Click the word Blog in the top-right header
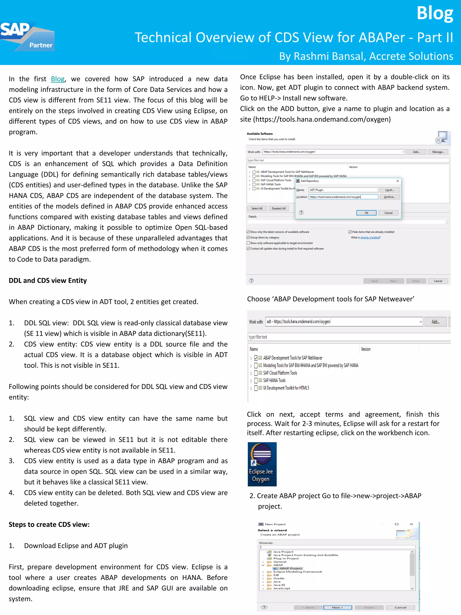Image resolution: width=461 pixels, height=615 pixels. pos(435,13)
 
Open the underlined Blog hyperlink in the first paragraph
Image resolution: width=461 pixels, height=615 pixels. pos(58,79)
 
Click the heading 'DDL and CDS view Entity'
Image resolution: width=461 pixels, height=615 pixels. pos(48,281)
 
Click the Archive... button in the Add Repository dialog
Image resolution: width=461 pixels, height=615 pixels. pos(389,197)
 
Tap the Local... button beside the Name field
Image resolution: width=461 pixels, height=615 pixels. pos(389,190)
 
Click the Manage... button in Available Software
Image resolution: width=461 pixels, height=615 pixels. pos(438,152)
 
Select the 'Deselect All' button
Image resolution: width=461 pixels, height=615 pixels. pos(278,209)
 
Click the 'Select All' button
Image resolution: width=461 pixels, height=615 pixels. pos(257,209)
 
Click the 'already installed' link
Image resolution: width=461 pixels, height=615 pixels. pos(370,237)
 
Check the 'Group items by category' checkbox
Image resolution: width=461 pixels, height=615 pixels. pos(248,237)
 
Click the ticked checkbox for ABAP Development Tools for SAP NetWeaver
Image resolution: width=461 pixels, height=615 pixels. pos(256,358)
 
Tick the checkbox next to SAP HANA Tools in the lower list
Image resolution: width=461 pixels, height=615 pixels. pos(256,381)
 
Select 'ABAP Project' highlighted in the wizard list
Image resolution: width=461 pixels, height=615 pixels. pos(290,569)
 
